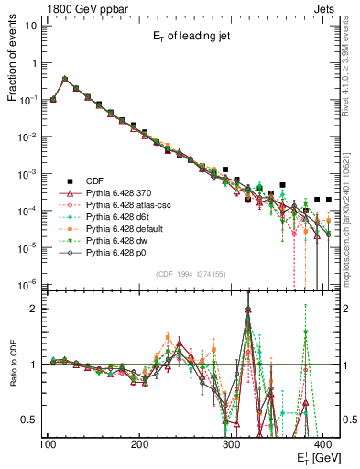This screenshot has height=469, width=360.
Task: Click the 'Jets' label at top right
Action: (326, 7)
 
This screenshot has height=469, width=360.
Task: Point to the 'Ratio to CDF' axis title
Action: (12, 376)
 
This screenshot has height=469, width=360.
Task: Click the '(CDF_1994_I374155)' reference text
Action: (192, 274)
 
